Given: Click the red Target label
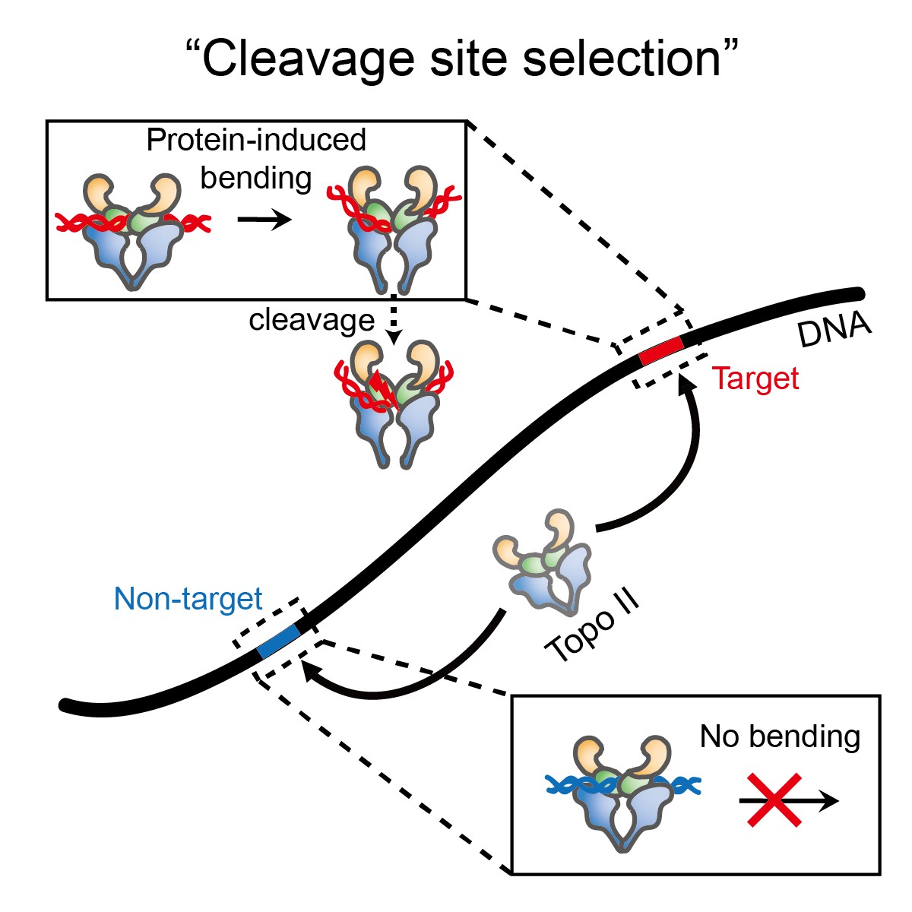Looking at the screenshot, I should (755, 378).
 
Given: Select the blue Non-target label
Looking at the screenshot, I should (188, 599).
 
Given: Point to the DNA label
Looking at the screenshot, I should (834, 329).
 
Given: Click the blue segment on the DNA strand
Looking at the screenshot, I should (279, 641).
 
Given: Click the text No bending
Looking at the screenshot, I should (780, 736).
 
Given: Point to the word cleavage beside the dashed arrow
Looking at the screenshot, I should (312, 320).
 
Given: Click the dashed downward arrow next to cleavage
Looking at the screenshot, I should (393, 319).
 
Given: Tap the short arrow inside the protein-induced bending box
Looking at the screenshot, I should (264, 220).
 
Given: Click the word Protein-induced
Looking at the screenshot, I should (256, 140).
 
